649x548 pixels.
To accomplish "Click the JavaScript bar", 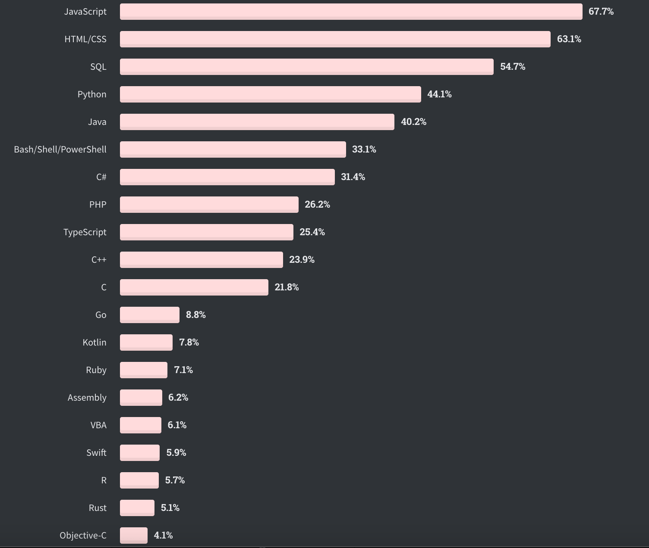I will (351, 12).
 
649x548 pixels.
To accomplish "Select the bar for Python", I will (270, 94).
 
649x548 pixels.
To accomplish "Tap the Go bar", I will (149, 315).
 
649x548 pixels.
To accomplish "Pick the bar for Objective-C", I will (134, 536).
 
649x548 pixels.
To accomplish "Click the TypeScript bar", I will (206, 232).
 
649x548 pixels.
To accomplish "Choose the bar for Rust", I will (137, 508).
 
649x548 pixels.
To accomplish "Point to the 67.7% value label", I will (601, 12).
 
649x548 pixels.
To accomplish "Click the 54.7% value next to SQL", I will (513, 67).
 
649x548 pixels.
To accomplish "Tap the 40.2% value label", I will (413, 122).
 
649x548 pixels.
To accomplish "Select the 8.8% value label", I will (195, 315).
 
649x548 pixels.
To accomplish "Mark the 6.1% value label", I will (177, 425).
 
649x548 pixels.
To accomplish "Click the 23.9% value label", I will (302, 260).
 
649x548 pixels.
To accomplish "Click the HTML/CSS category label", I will (85, 39).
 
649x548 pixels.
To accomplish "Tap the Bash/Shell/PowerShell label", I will (60, 149).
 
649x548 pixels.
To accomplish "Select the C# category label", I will (101, 177).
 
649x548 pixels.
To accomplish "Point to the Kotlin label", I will (95, 342).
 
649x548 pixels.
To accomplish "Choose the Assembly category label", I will (87, 398).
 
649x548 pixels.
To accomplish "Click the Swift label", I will (96, 453).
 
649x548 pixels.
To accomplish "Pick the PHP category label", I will (98, 205).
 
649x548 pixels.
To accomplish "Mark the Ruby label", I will (96, 370).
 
